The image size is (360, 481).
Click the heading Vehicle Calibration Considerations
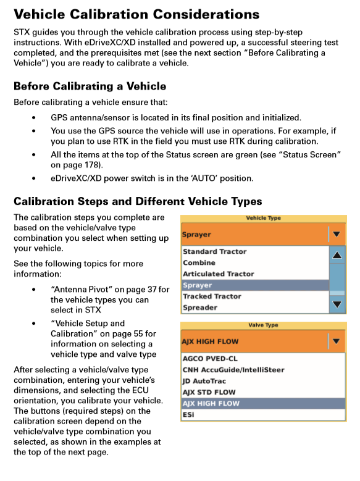(x=136, y=14)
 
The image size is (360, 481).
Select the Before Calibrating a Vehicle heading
(x=90, y=86)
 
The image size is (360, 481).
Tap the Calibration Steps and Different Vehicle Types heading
(x=138, y=201)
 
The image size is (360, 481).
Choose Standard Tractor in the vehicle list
(x=214, y=252)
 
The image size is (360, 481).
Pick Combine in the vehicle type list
(x=199, y=263)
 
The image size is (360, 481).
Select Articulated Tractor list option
(x=218, y=274)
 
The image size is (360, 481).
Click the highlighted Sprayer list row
(x=254, y=285)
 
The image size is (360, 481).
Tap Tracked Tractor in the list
(x=212, y=296)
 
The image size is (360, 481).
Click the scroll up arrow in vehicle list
(x=337, y=255)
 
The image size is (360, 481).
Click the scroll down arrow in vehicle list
(x=337, y=304)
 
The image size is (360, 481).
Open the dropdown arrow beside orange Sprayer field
(x=336, y=235)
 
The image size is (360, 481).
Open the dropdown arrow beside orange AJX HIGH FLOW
(x=336, y=341)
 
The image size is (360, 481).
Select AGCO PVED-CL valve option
(x=210, y=359)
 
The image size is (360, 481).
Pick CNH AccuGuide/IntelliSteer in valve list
(x=233, y=370)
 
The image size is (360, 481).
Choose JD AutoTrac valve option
(x=204, y=381)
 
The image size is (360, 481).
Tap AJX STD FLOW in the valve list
(x=209, y=392)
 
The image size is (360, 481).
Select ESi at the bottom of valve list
(x=188, y=414)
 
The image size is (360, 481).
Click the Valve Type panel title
(x=263, y=325)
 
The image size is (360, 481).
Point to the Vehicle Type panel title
(x=263, y=218)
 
